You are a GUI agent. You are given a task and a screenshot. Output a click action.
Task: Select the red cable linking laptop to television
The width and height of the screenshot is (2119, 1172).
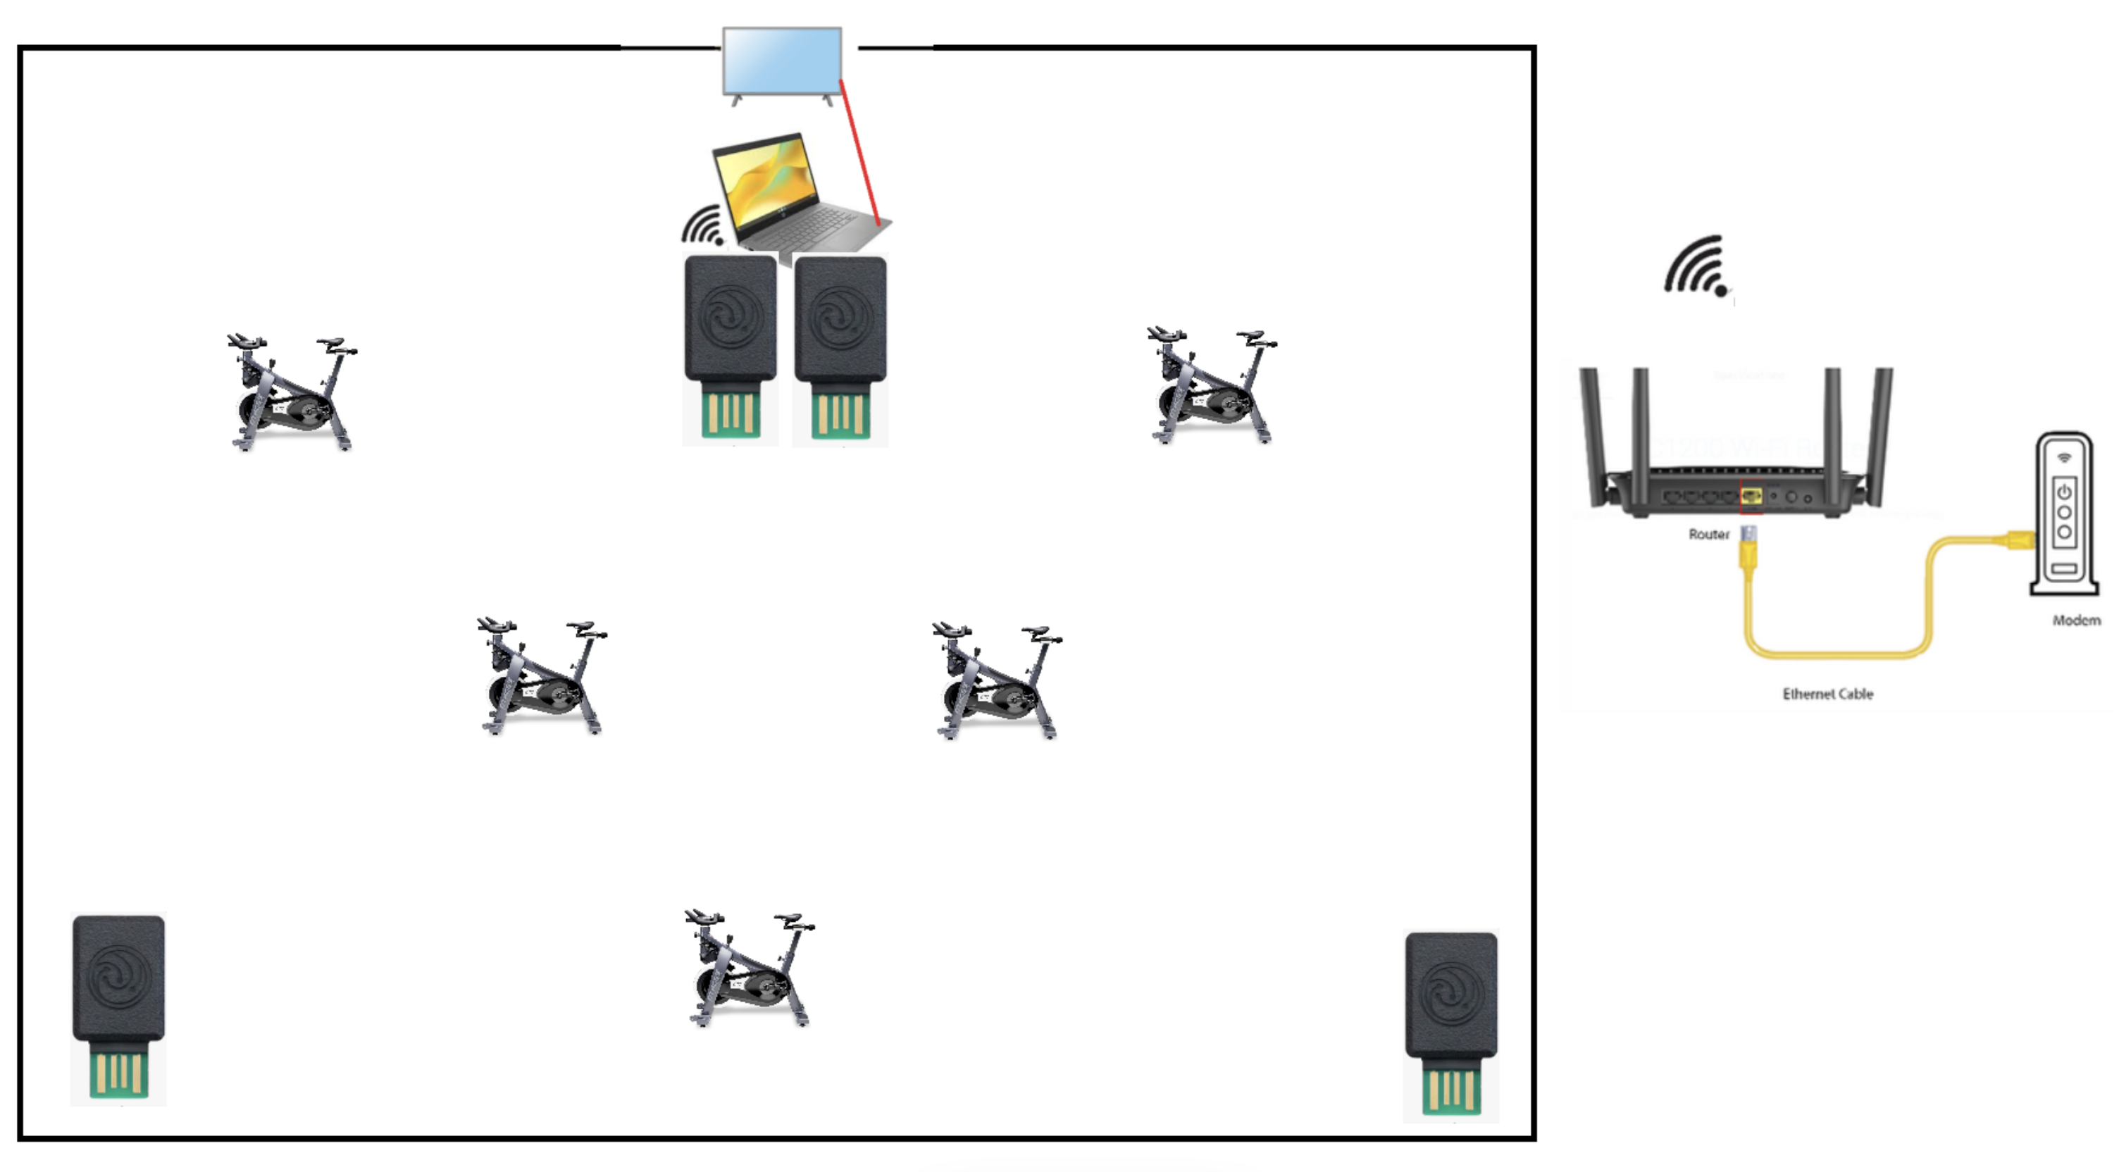tap(859, 152)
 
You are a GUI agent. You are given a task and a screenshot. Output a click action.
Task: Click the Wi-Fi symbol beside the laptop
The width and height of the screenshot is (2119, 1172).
tap(702, 225)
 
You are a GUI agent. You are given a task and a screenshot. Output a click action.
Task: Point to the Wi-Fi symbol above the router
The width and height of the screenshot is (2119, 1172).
tap(1696, 265)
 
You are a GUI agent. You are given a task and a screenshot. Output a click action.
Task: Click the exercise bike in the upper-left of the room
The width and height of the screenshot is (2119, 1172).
tap(292, 392)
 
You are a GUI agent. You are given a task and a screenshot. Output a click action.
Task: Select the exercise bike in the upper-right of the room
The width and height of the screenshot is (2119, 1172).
tap(1212, 385)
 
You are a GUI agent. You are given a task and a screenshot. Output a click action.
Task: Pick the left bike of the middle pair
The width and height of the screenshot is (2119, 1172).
tap(541, 676)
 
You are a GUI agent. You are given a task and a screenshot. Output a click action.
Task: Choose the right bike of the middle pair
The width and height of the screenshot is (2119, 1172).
tap(997, 681)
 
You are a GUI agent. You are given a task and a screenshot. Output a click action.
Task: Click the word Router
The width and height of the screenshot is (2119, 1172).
tap(1708, 535)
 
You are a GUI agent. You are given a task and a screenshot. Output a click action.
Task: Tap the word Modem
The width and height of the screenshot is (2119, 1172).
tap(2076, 620)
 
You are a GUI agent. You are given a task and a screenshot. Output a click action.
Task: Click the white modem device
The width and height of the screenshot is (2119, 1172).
tap(2065, 513)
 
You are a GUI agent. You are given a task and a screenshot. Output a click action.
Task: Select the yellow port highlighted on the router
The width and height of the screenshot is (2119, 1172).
tap(1751, 496)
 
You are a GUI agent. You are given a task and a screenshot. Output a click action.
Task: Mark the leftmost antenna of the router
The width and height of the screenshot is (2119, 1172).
tap(1592, 436)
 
